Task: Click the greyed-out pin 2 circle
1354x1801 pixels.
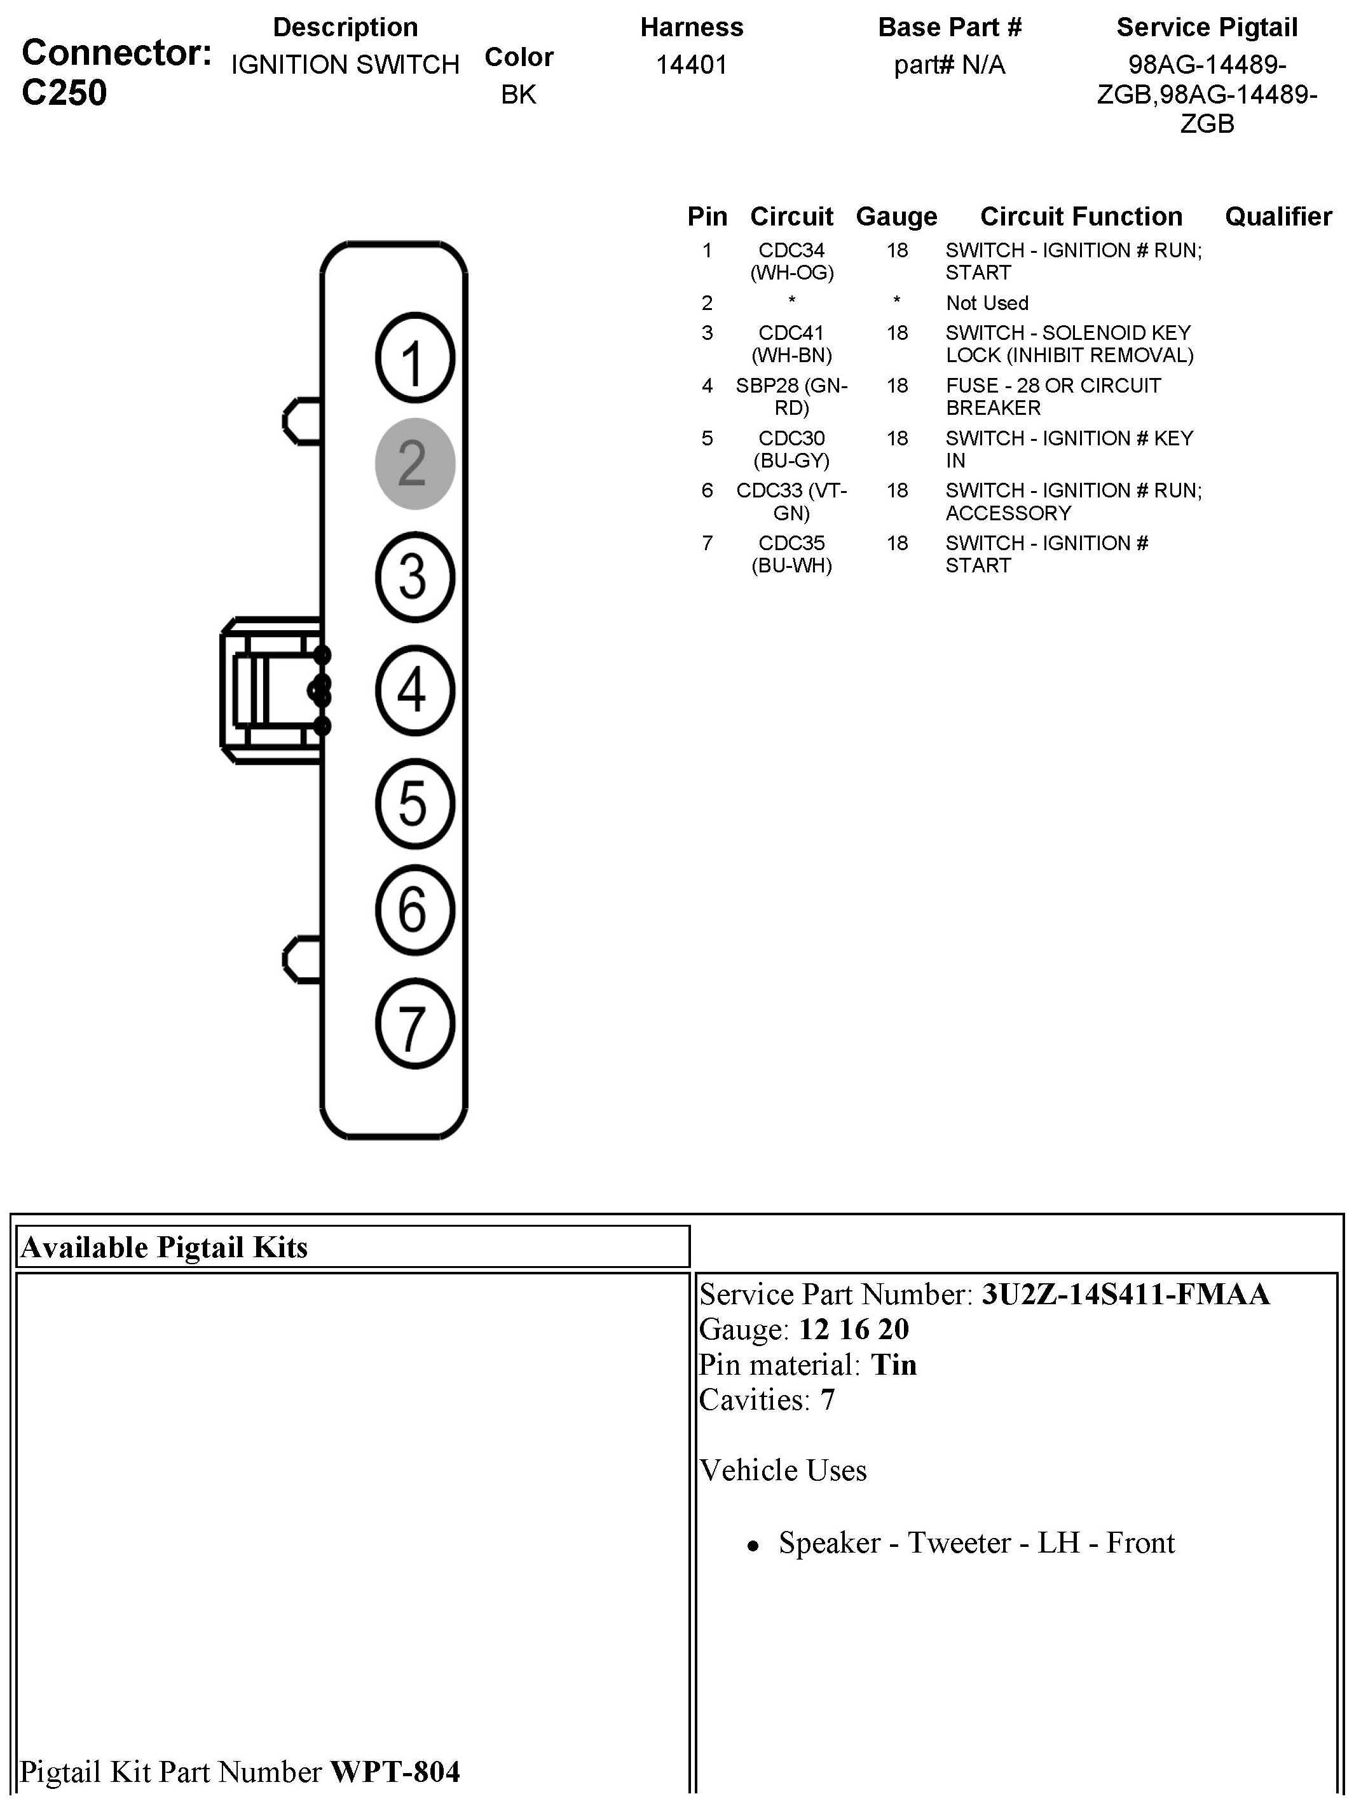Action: point(414,463)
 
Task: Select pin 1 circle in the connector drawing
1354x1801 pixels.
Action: point(414,358)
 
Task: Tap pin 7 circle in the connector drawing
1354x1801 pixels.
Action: point(414,1023)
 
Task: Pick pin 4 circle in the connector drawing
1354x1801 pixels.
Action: point(414,690)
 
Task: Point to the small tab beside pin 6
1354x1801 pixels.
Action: point(302,960)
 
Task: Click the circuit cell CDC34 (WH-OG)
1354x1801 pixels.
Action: point(791,261)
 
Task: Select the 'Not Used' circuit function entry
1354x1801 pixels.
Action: point(987,303)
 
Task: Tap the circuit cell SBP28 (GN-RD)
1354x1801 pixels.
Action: point(791,396)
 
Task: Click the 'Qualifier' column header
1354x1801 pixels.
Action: point(1278,217)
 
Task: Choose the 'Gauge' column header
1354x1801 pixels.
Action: point(896,217)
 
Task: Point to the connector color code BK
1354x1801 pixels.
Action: point(518,95)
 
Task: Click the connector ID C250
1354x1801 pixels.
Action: point(64,93)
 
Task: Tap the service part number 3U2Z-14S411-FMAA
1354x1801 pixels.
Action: point(1125,1294)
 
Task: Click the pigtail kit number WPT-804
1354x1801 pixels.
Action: point(394,1772)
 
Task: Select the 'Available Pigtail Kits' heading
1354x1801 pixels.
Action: point(165,1247)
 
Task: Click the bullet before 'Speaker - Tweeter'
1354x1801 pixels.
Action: point(753,1544)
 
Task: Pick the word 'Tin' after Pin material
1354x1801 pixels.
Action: point(894,1364)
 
